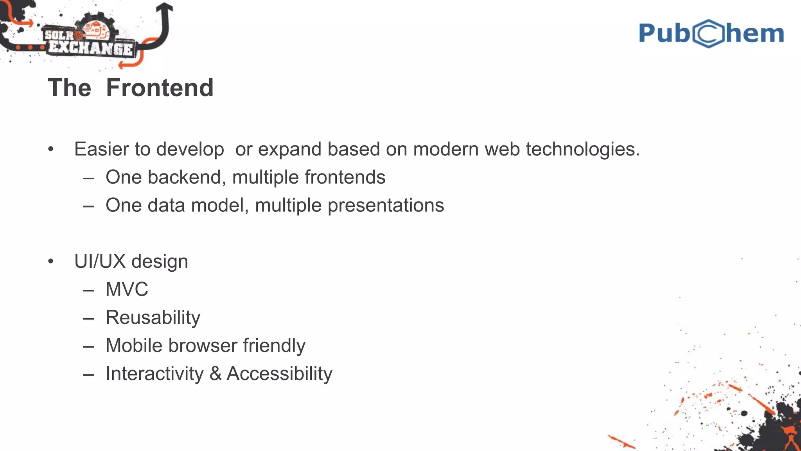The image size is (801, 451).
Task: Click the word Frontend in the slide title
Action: point(160,88)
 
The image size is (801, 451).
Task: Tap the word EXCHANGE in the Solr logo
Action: point(91,49)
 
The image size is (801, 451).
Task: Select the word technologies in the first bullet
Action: point(583,149)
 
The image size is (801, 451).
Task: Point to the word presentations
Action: point(386,206)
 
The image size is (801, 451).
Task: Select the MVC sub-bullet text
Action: point(127,290)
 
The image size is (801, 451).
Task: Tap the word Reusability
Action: point(153,318)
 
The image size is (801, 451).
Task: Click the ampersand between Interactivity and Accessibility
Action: point(216,374)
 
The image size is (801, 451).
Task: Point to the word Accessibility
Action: point(279,374)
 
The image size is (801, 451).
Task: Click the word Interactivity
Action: point(154,374)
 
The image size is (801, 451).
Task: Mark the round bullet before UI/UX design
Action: point(50,262)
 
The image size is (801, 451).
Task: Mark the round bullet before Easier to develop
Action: point(50,149)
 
